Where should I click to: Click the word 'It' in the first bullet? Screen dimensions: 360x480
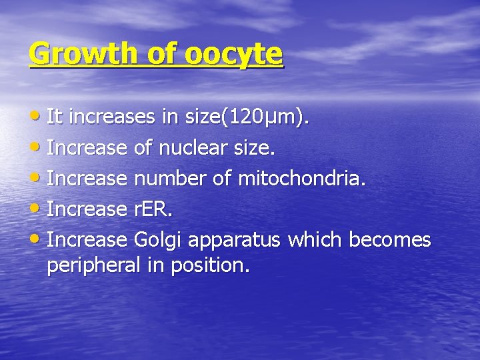tap(55, 118)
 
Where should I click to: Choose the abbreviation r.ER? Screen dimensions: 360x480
tap(153, 209)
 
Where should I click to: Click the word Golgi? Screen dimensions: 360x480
tap(158, 239)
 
